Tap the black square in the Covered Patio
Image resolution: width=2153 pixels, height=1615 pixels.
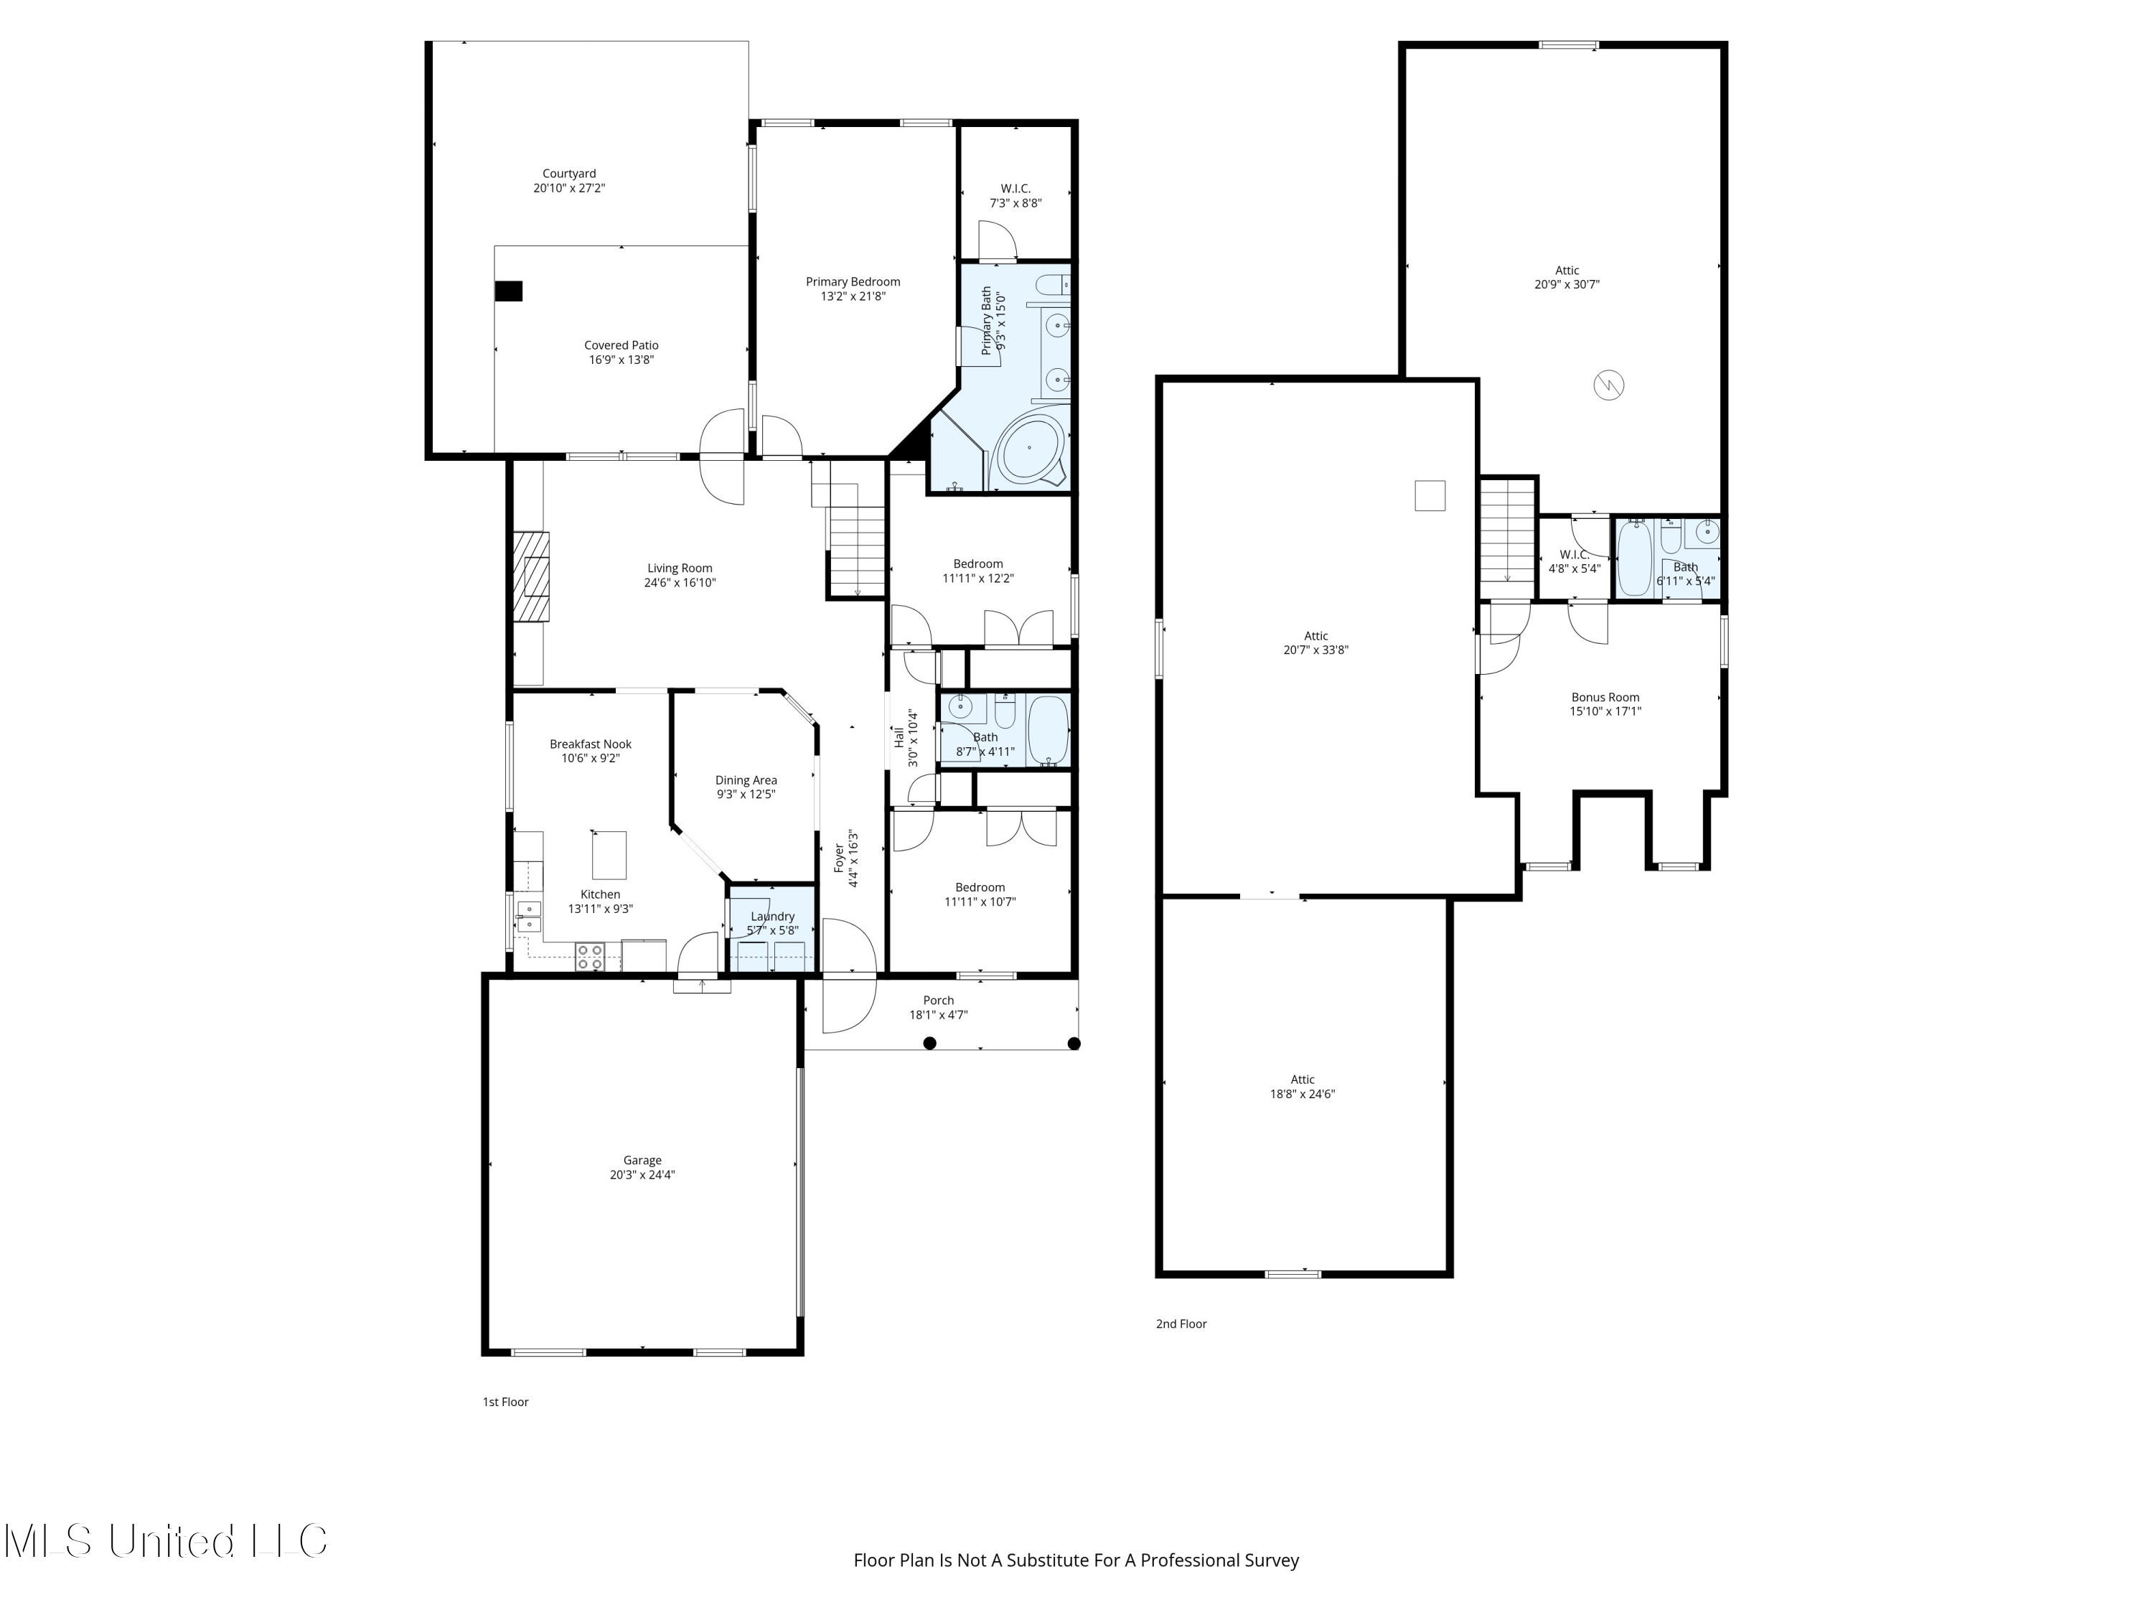508,291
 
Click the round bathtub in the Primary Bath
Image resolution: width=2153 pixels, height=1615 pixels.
1029,449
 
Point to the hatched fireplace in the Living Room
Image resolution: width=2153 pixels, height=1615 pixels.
532,576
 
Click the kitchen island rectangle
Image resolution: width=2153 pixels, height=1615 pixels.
609,856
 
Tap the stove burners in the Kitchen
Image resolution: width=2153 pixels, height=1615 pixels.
589,957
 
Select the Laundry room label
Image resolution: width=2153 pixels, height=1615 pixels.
773,916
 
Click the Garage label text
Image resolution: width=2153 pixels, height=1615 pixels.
642,1161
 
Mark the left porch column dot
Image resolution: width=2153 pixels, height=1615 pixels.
929,1044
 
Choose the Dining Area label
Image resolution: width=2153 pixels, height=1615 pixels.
746,780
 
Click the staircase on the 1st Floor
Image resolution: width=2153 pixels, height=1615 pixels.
855,550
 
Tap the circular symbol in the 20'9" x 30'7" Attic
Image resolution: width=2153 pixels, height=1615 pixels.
1608,385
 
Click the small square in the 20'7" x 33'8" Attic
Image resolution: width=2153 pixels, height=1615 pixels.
1429,495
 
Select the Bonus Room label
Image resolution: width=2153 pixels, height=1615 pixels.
1605,697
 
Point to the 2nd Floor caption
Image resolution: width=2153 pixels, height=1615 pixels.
1181,1324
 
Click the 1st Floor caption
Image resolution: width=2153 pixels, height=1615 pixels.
505,1402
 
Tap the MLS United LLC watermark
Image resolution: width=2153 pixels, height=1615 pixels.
166,1541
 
